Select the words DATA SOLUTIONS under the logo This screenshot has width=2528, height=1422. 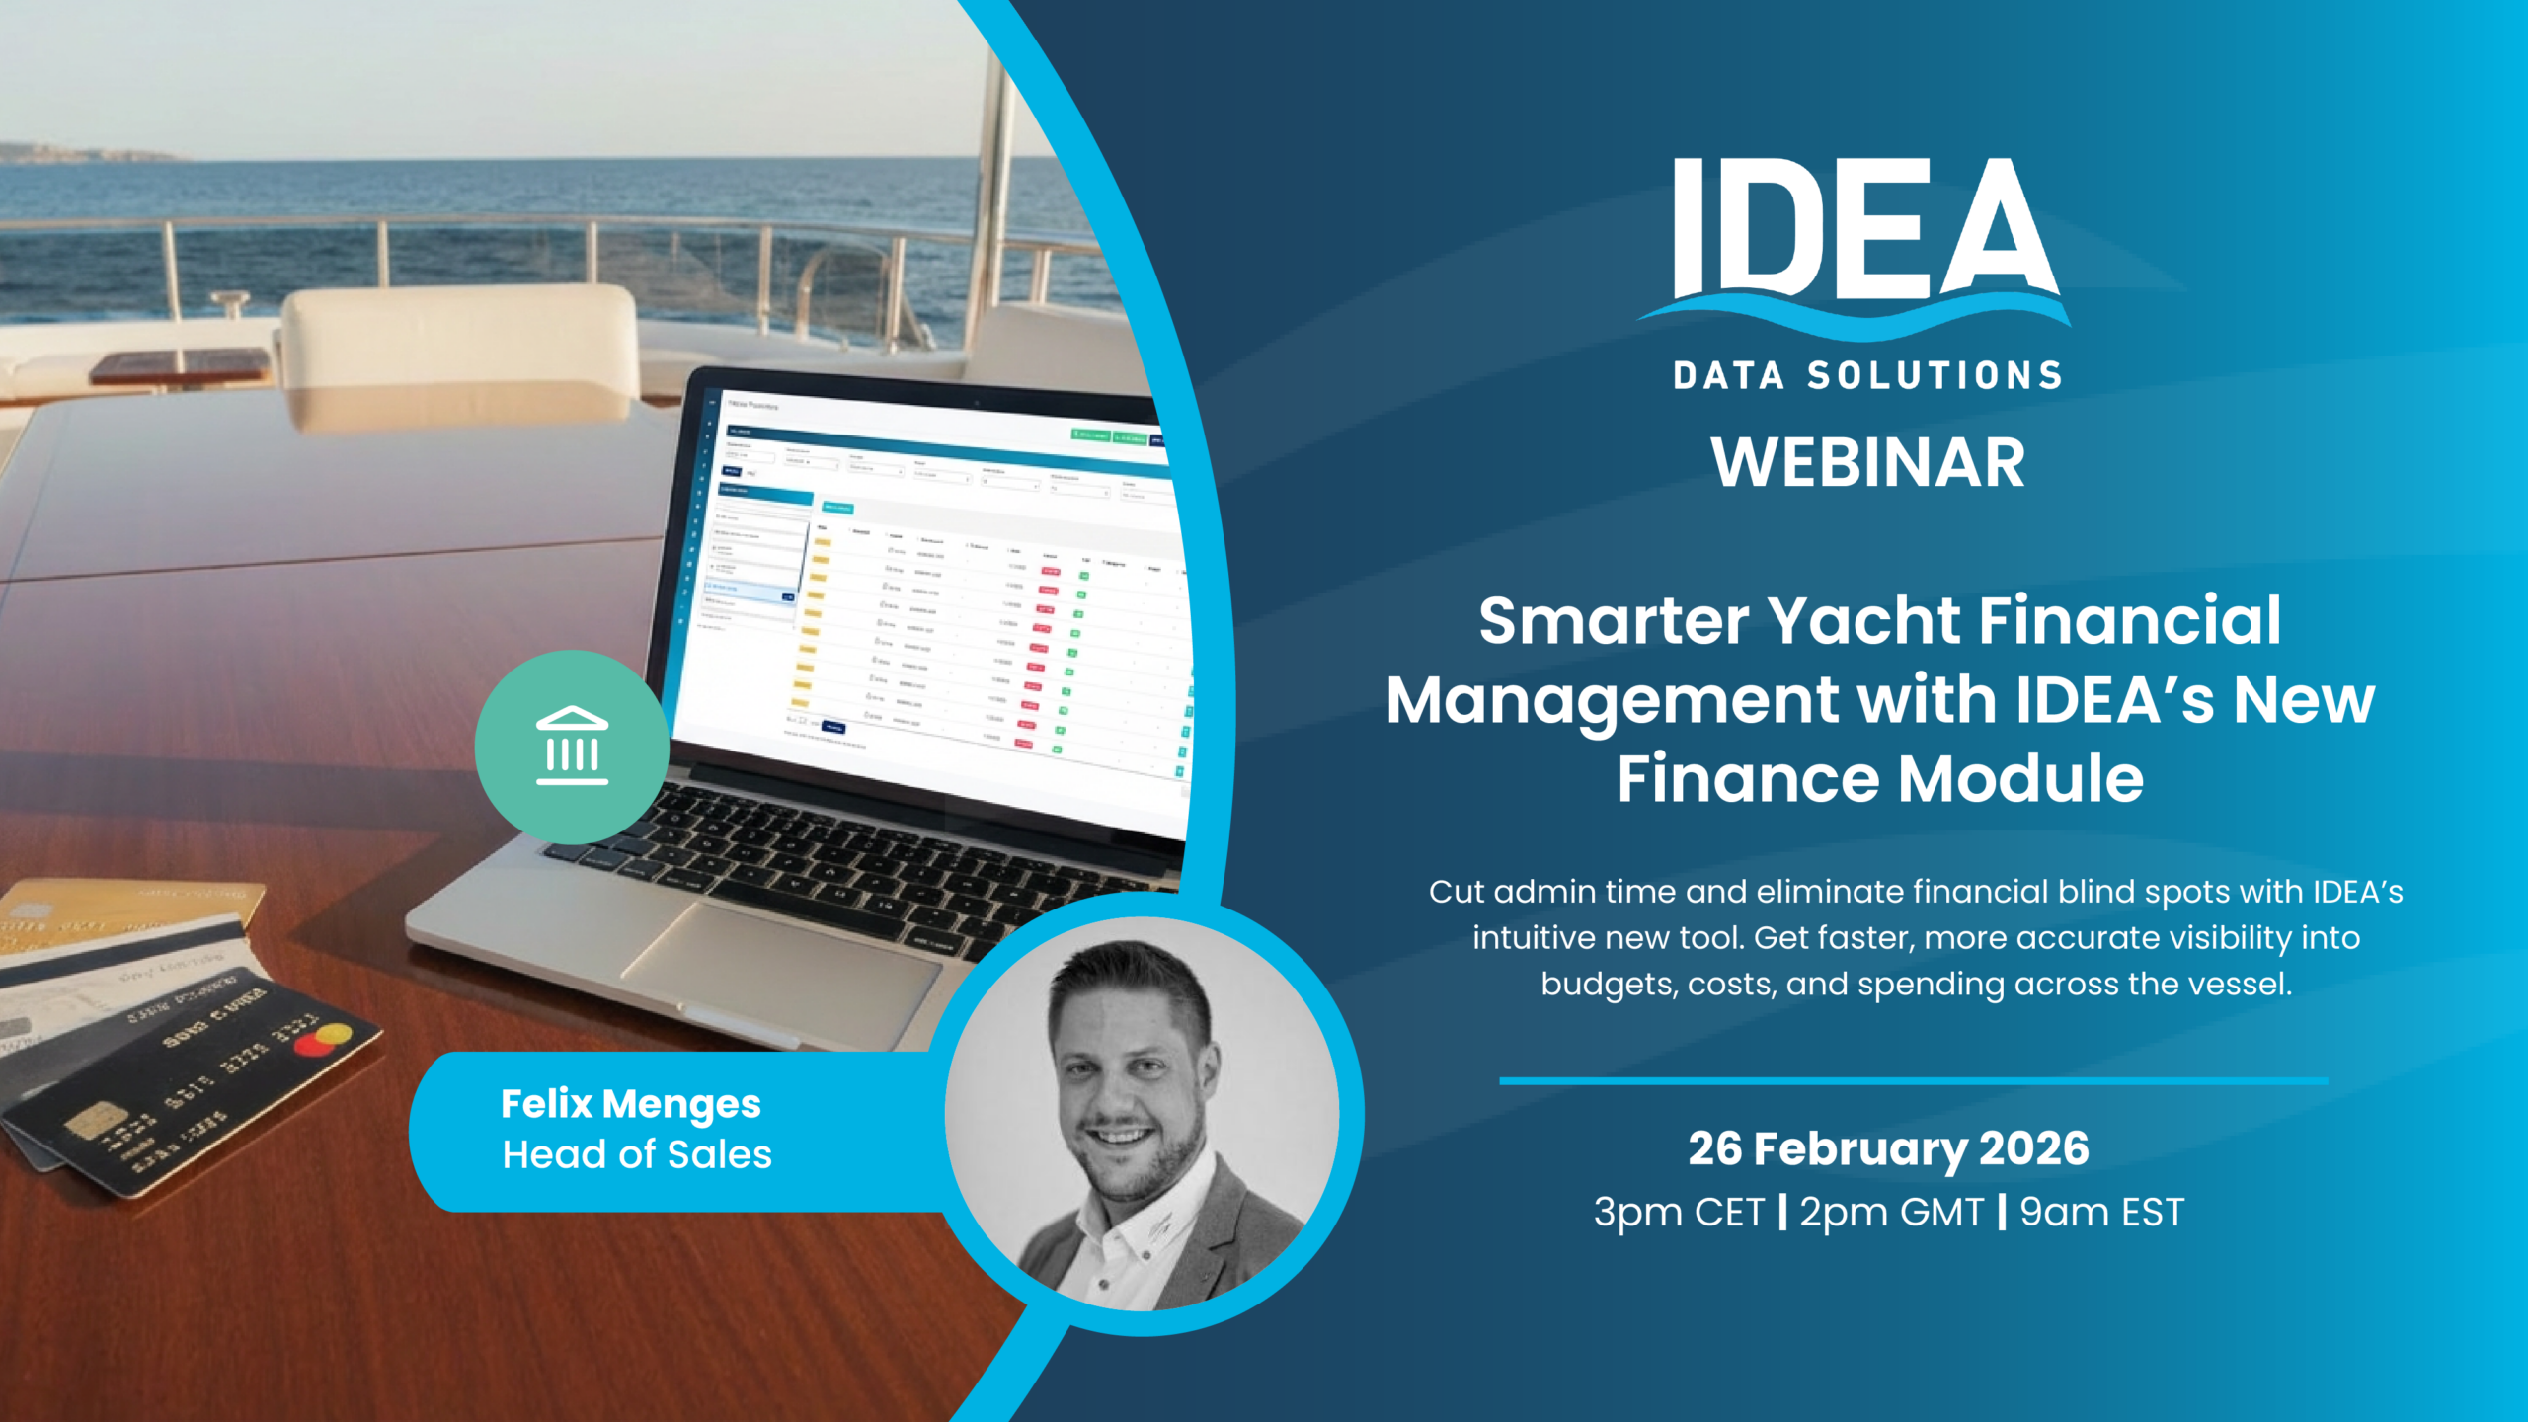pos(1867,376)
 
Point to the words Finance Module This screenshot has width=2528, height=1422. pos(1880,778)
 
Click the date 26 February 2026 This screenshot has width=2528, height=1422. pos(1888,1148)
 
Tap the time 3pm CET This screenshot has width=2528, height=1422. pos(1678,1212)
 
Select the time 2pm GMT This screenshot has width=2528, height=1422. pos(1891,1212)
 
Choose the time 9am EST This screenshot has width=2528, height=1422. pos(2101,1212)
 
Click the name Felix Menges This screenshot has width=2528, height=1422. pos(630,1104)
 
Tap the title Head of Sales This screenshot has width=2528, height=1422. pos(637,1154)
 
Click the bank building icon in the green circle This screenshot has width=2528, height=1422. pos(572,747)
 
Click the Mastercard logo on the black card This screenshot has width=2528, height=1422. pos(323,1039)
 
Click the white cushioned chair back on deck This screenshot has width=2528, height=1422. pos(459,341)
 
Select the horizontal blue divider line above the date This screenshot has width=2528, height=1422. pos(1913,1081)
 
